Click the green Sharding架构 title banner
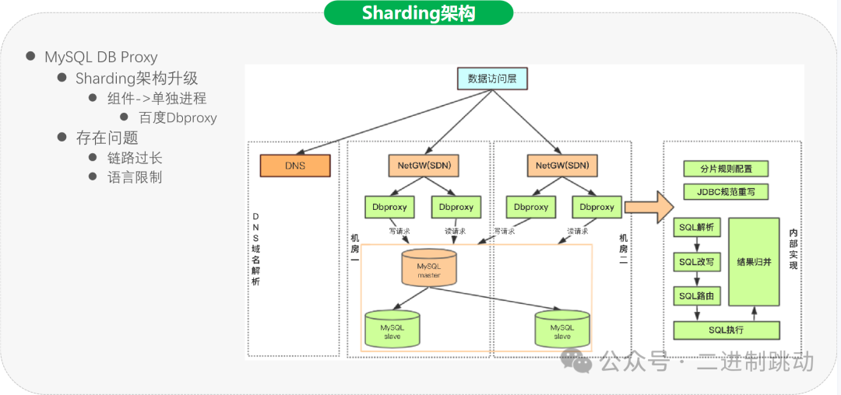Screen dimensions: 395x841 pyautogui.click(x=418, y=13)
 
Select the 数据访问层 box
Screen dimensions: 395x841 pyautogui.click(x=491, y=79)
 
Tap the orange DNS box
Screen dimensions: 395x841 pyautogui.click(x=295, y=166)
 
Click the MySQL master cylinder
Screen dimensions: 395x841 pyautogui.click(x=429, y=269)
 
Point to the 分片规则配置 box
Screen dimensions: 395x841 pyautogui.click(x=724, y=169)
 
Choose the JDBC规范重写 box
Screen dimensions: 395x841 pyautogui.click(x=724, y=191)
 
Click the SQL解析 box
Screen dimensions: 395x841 pyautogui.click(x=696, y=227)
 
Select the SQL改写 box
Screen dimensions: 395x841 pyautogui.click(x=696, y=262)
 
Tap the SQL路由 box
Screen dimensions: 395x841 pyautogui.click(x=696, y=296)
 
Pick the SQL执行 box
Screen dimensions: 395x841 pyautogui.click(x=726, y=330)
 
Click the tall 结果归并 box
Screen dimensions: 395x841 pyautogui.click(x=754, y=262)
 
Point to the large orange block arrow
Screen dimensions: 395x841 pyautogui.click(x=648, y=207)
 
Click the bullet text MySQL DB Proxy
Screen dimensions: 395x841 pyautogui.click(x=100, y=58)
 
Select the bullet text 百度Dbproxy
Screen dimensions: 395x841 pyautogui.click(x=178, y=118)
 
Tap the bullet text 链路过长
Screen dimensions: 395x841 pyautogui.click(x=135, y=158)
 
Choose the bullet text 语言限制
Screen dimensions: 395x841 pyautogui.click(x=135, y=177)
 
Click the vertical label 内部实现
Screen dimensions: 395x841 pyautogui.click(x=793, y=249)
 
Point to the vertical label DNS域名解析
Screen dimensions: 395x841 pyautogui.click(x=255, y=249)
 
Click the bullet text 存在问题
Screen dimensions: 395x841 pyautogui.click(x=107, y=138)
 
